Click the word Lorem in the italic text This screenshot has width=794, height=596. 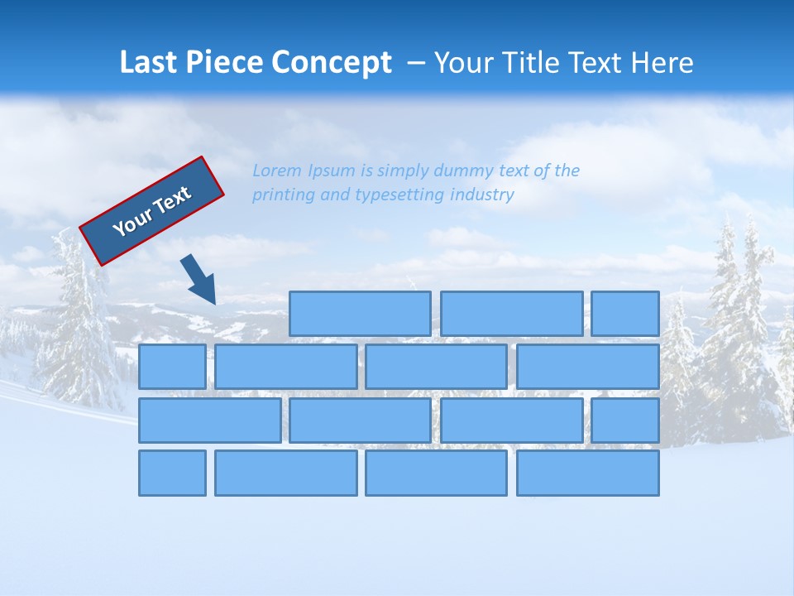277,171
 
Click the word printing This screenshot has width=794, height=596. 284,195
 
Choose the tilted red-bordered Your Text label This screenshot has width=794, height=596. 152,211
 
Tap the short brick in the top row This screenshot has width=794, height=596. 625,314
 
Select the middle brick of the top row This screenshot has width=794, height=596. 511,314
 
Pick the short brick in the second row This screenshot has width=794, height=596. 172,367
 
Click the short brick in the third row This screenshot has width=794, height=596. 625,420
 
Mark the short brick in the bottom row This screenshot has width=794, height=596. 172,473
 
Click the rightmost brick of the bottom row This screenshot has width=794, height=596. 588,473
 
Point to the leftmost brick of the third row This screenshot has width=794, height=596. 209,420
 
